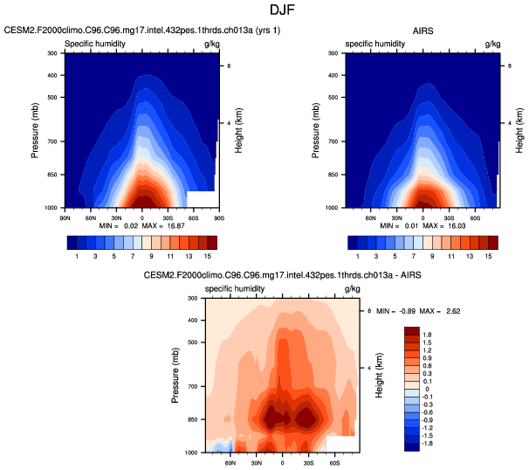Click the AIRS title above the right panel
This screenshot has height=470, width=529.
[x=423, y=30]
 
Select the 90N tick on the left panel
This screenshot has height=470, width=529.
[x=65, y=215]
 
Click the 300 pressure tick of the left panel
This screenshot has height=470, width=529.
[x=52, y=53]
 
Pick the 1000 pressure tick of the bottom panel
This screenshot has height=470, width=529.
[x=191, y=453]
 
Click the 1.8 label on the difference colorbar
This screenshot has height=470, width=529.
[x=427, y=335]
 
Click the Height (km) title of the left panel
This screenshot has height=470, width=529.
[x=238, y=131]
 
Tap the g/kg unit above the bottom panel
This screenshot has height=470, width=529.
[x=352, y=288]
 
